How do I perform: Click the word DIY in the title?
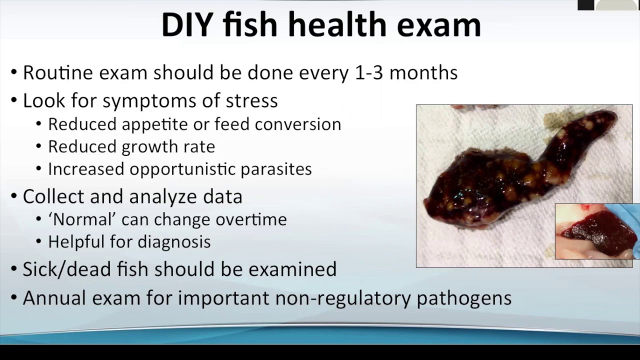[x=187, y=25]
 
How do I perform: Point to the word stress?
[x=251, y=101]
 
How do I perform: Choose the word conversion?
[x=298, y=124]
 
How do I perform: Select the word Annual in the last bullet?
[x=53, y=298]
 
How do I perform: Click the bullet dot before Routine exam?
[x=14, y=73]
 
